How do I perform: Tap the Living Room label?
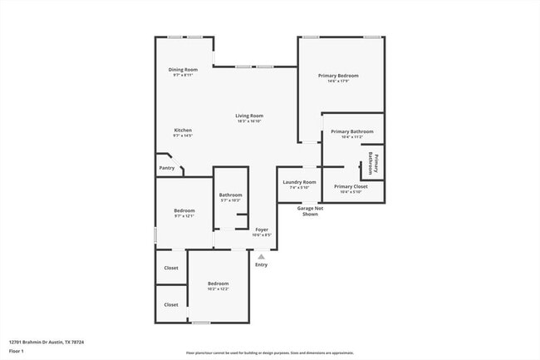pyautogui.click(x=249, y=116)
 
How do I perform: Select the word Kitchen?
pyautogui.click(x=183, y=130)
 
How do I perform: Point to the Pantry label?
pyautogui.click(x=167, y=168)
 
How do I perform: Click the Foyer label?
pyautogui.click(x=262, y=229)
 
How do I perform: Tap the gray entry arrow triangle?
pyautogui.click(x=262, y=257)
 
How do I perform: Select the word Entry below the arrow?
pyautogui.click(x=262, y=264)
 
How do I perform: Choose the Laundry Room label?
pyautogui.click(x=299, y=181)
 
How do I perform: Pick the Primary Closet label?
pyautogui.click(x=351, y=186)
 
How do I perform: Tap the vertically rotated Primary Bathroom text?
pyautogui.click(x=374, y=164)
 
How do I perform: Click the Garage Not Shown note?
pyautogui.click(x=309, y=211)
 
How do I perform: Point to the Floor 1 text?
pyautogui.click(x=17, y=351)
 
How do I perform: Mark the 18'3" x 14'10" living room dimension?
pyautogui.click(x=249, y=121)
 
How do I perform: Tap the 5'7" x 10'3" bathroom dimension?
pyautogui.click(x=230, y=200)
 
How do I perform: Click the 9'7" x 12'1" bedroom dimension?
pyautogui.click(x=184, y=216)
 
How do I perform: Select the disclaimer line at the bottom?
pyautogui.click(x=268, y=353)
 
